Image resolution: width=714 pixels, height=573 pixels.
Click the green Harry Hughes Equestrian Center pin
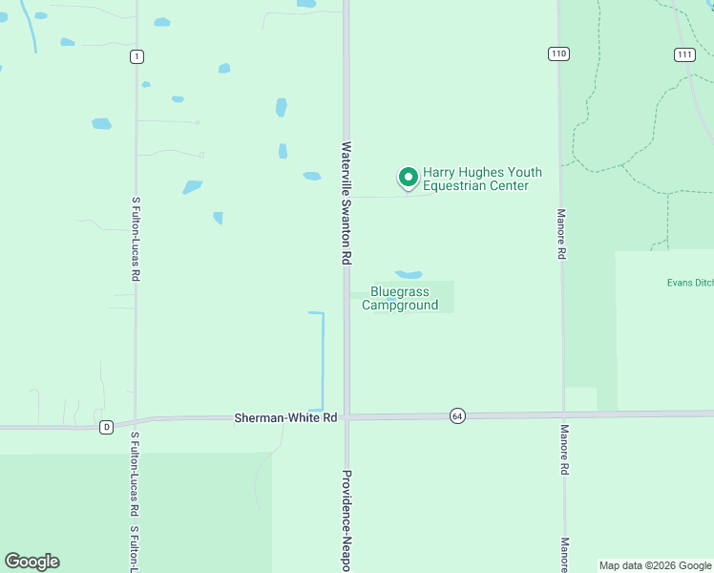click(x=409, y=177)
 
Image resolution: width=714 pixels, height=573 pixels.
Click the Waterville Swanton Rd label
click(x=347, y=203)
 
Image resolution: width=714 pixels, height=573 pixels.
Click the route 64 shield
click(x=458, y=416)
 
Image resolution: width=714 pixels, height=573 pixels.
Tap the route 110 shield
click(x=558, y=53)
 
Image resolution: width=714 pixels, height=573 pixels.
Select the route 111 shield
click(x=683, y=53)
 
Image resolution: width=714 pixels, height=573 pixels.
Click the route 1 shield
click(x=137, y=57)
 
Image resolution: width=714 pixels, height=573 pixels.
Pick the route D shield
click(x=107, y=426)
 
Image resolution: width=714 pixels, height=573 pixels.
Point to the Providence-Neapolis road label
click(x=347, y=520)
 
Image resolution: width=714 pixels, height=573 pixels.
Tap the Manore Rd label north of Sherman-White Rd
click(x=562, y=234)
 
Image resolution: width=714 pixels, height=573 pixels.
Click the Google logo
click(x=31, y=562)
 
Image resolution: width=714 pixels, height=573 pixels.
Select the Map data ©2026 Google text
click(x=655, y=565)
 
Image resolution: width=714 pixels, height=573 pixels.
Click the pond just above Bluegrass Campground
click(x=409, y=274)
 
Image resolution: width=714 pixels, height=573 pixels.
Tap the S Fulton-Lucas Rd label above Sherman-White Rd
click(x=136, y=239)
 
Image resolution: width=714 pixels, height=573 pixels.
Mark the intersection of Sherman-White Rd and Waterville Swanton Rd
click(x=347, y=416)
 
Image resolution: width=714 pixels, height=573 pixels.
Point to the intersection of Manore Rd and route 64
click(x=563, y=414)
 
